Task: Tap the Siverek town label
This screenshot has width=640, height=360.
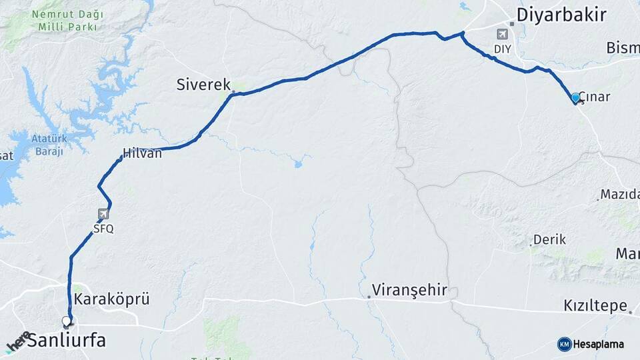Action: click(x=203, y=85)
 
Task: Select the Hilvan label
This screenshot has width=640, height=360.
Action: click(x=142, y=153)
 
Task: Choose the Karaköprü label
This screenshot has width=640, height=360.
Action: click(x=111, y=299)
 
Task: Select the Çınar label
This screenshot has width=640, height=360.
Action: click(x=595, y=97)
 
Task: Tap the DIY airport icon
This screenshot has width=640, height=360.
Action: click(x=502, y=34)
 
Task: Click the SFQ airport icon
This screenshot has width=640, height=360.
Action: click(x=103, y=214)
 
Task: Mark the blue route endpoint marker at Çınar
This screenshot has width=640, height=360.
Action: click(x=575, y=97)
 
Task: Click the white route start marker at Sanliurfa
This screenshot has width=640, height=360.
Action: click(x=66, y=321)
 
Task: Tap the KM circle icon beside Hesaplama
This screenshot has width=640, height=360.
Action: click(x=564, y=344)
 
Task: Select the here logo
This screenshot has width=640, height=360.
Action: click(x=17, y=341)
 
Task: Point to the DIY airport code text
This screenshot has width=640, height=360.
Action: click(x=502, y=49)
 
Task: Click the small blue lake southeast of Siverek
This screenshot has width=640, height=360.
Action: click(x=298, y=162)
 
